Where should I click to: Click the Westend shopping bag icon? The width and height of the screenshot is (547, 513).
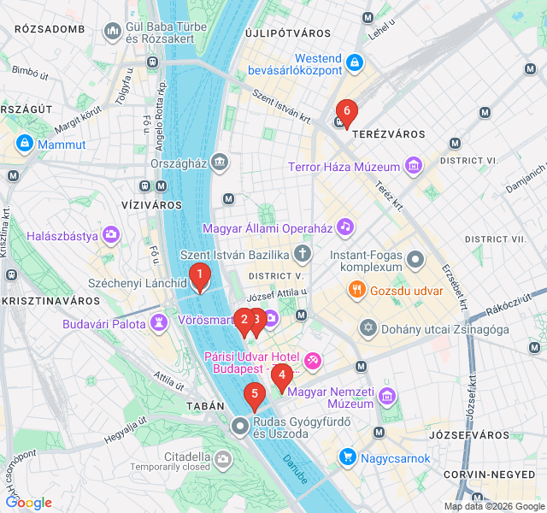coord(355,62)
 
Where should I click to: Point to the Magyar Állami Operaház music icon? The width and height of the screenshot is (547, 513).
coord(344,227)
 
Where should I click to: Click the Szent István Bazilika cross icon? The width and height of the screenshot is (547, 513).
coord(302,253)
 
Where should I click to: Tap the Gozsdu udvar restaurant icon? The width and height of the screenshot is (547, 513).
coord(356,291)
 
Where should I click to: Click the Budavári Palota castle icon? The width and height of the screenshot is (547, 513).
coord(159,322)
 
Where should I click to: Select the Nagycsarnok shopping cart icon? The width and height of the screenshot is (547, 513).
coord(347,457)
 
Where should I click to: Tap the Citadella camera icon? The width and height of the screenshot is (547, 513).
coord(223,461)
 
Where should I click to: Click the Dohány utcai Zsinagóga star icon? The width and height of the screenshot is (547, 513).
coord(368,328)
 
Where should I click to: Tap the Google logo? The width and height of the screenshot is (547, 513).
coord(28,503)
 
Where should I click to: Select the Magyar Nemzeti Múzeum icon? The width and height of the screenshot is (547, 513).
coord(388,396)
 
